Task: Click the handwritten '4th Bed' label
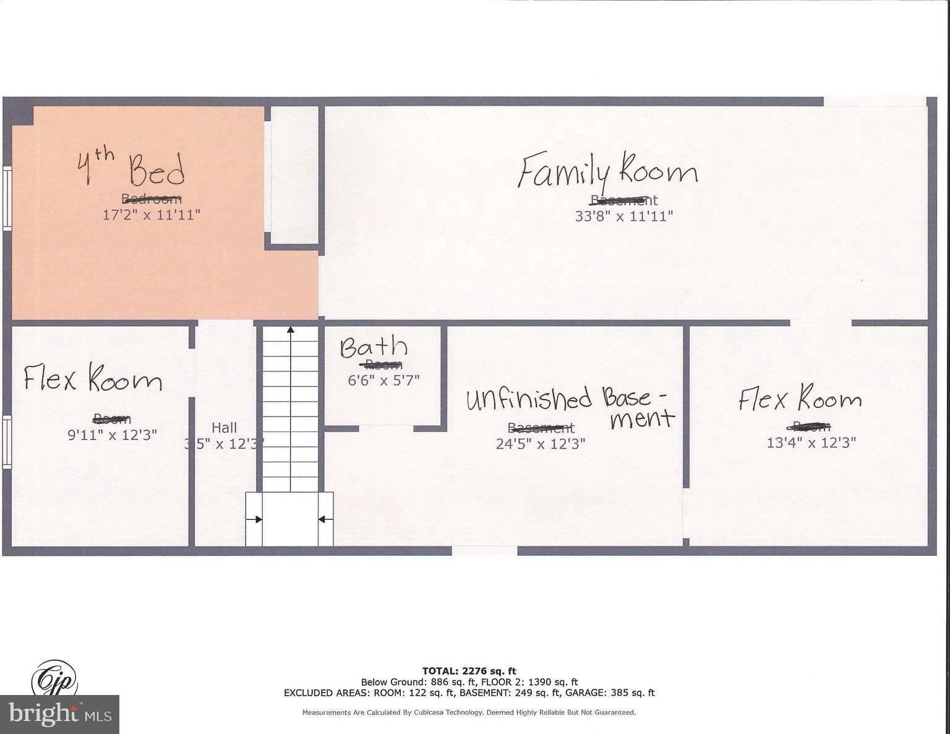[x=131, y=168]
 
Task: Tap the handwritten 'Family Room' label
[x=607, y=171]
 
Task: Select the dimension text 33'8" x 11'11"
[x=623, y=216]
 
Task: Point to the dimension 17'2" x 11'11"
[x=152, y=215]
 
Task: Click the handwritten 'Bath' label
[x=374, y=348]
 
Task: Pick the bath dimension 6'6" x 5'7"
[x=383, y=380]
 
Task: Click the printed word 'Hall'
[x=224, y=428]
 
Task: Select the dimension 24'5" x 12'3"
[x=541, y=443]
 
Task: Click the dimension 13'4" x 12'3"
[x=811, y=443]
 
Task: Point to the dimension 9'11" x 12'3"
[x=112, y=434]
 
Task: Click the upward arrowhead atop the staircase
[x=290, y=330]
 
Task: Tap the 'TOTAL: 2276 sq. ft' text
[x=469, y=671]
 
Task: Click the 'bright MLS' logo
[x=60, y=715]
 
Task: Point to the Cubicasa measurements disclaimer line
[x=469, y=713]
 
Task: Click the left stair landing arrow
[x=254, y=519]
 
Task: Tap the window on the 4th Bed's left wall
[x=7, y=199]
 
